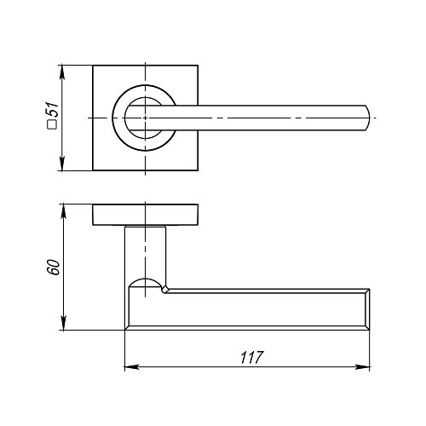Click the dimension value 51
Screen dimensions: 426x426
[x=53, y=109]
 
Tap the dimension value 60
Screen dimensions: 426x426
[x=54, y=267]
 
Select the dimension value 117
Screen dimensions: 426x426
[x=252, y=358]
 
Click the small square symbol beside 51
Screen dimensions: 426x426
[x=52, y=125]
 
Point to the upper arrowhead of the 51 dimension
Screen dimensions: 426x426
[x=62, y=72]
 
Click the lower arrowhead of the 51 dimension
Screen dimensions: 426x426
[x=62, y=164]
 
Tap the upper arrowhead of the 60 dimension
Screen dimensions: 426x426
[x=64, y=211]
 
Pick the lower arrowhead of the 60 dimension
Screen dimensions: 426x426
[x=64, y=323]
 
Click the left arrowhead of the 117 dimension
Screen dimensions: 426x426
[x=132, y=367]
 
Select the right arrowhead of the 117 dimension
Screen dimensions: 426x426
[x=363, y=367]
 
